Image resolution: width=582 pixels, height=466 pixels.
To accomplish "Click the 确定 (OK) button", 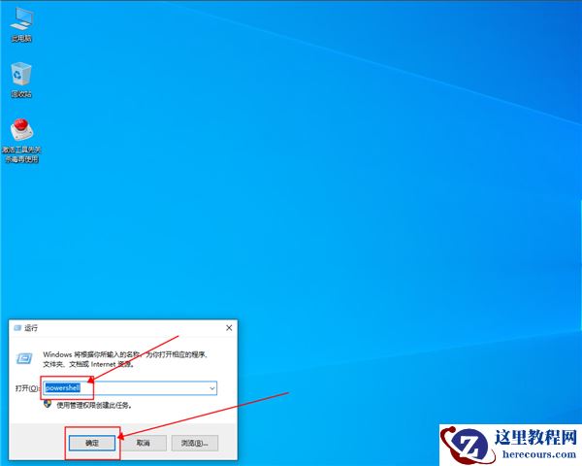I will coord(92,442).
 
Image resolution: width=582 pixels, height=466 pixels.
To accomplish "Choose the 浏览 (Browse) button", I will coord(194,442).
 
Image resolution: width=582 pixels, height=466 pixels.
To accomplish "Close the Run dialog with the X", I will coord(228,329).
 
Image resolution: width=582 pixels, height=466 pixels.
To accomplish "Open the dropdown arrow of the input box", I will coord(211,387).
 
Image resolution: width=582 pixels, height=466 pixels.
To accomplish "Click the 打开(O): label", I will coord(28,387).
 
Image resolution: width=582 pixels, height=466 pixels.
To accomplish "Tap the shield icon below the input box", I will coord(48,404).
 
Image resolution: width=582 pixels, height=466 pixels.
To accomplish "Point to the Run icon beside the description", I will coord(28,357).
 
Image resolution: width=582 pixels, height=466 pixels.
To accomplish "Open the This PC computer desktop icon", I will coord(20,19).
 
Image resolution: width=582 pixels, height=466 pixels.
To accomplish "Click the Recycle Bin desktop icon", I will coord(20,74).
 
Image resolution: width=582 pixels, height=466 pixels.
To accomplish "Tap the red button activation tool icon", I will coord(20,130).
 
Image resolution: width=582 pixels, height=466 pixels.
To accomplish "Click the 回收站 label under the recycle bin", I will coord(20,94).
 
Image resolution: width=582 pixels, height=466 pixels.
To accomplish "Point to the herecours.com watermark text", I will coord(534,453).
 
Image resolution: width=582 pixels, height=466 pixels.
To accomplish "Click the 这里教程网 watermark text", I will coord(534,436).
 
